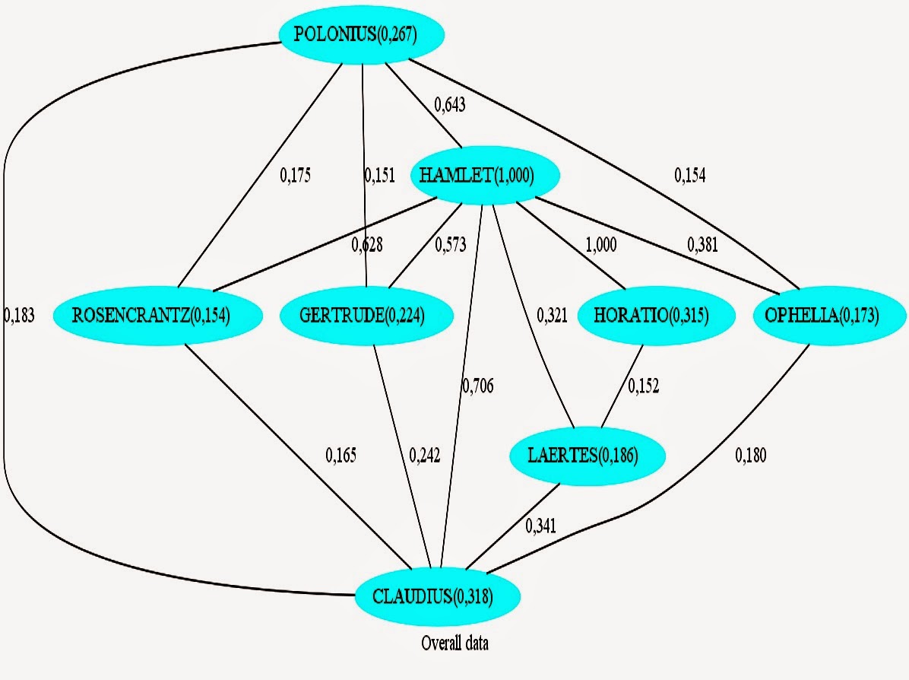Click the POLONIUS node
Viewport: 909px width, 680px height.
[x=361, y=33]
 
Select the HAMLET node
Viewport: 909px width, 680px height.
[x=485, y=176]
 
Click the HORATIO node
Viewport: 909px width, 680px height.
[x=657, y=315]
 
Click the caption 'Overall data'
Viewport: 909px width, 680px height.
[x=454, y=643]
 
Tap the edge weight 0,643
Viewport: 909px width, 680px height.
[x=450, y=105]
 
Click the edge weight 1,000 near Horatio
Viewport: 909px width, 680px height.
[x=601, y=245]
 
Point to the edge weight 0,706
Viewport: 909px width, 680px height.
[x=477, y=386]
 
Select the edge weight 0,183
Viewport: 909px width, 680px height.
[x=19, y=315]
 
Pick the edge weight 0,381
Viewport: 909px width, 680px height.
[x=702, y=245]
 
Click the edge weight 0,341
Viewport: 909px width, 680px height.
[x=540, y=525]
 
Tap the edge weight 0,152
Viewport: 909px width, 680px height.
[x=643, y=386]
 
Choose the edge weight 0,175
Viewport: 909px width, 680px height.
[x=296, y=175]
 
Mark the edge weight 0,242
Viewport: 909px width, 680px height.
[x=424, y=456]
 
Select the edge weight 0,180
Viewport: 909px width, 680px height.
[x=751, y=456]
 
